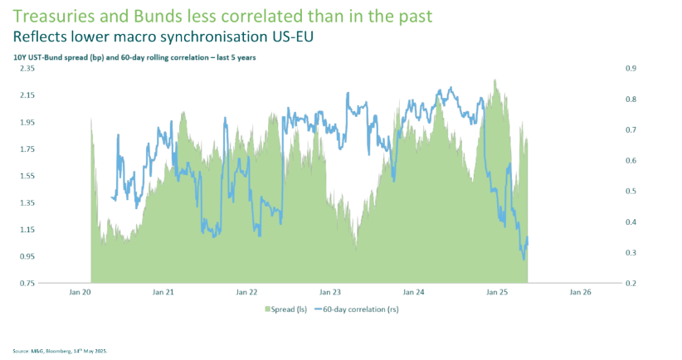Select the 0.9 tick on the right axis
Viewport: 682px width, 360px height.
click(x=630, y=69)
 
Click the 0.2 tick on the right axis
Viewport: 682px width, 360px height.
click(x=630, y=284)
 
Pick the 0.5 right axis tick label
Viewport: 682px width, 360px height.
click(x=630, y=192)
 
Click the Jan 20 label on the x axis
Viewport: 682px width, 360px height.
click(x=80, y=293)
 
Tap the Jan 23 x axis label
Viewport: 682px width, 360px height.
click(x=330, y=293)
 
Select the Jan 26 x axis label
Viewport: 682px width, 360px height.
click(x=580, y=293)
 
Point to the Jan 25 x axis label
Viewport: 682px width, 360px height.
click(x=497, y=293)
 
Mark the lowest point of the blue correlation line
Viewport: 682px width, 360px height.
click(x=524, y=260)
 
